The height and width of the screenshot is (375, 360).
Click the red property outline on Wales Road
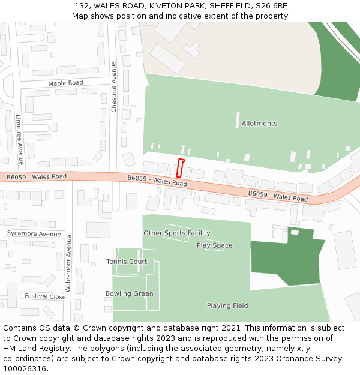click(x=180, y=168)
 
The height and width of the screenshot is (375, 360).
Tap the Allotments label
click(x=259, y=124)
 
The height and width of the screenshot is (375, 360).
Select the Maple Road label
click(x=65, y=83)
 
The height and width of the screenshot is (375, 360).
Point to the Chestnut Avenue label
click(x=114, y=87)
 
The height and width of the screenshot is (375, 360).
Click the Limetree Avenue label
click(x=19, y=140)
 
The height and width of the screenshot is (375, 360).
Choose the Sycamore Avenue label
click(x=34, y=234)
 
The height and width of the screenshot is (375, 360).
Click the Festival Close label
click(x=45, y=296)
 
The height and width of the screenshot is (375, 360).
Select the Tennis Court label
click(x=127, y=262)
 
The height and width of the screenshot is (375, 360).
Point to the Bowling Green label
click(x=129, y=294)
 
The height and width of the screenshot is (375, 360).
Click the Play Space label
click(x=214, y=245)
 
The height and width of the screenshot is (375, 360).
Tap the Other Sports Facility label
click(x=176, y=233)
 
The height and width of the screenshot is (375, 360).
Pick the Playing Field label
click(x=227, y=306)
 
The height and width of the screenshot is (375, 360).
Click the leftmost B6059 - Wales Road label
click(x=37, y=177)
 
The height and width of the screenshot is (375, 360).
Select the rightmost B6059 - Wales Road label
click(x=278, y=196)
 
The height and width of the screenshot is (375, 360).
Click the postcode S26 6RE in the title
click(x=272, y=6)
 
